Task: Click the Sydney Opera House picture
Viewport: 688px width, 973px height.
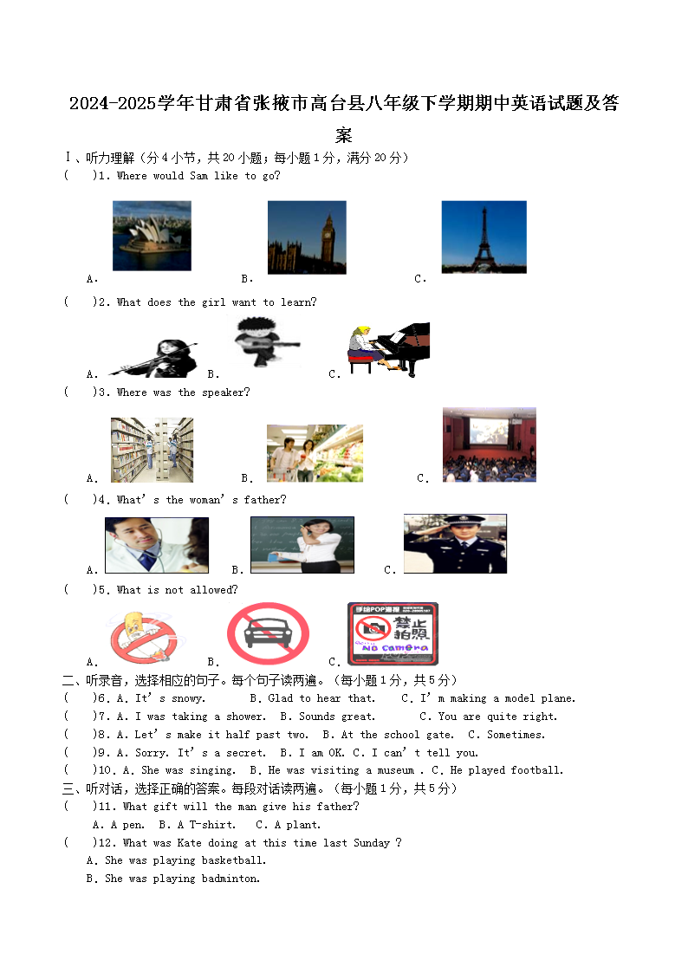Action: [152, 236]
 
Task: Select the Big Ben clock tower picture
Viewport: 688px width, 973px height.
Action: [307, 237]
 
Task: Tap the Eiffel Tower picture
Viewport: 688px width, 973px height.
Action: [484, 237]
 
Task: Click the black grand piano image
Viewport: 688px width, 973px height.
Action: [389, 348]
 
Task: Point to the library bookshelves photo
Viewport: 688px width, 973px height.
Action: [152, 450]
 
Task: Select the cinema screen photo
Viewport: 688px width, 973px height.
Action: [489, 444]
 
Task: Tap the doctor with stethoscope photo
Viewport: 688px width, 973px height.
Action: [157, 545]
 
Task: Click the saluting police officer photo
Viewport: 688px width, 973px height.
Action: [455, 543]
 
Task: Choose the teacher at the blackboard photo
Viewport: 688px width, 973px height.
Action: [302, 544]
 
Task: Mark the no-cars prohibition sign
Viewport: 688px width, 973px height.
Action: [268, 633]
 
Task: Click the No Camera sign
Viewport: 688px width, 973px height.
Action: [393, 633]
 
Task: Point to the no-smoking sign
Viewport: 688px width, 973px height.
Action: [142, 636]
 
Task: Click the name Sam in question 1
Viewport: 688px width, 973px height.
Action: [198, 176]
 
